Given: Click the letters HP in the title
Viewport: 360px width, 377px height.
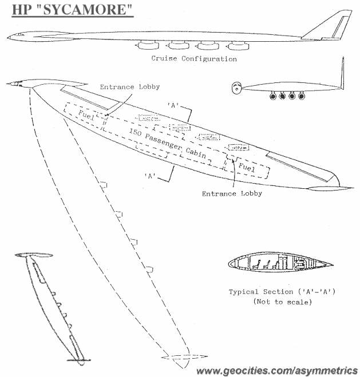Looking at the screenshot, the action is pyautogui.click(x=21, y=10).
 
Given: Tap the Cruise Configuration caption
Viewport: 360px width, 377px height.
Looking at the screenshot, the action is pyautogui.click(x=194, y=59).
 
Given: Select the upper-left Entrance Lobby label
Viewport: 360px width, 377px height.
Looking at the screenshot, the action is pyautogui.click(x=130, y=87).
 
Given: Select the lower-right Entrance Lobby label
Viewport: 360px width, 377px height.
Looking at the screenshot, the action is pyautogui.click(x=232, y=193).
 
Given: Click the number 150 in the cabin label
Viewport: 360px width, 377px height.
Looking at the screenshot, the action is pyautogui.click(x=135, y=132).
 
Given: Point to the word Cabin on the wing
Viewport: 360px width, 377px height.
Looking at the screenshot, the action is pyautogui.click(x=196, y=153).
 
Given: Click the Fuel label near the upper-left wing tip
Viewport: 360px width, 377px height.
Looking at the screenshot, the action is pyautogui.click(x=86, y=115).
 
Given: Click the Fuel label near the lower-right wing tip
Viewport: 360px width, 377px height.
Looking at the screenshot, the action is pyautogui.click(x=247, y=166).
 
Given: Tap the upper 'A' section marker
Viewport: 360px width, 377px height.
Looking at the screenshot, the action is pyautogui.click(x=173, y=105).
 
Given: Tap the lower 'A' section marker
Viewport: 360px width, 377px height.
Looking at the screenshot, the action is pyautogui.click(x=150, y=176).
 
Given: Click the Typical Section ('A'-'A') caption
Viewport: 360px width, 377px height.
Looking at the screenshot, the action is pyautogui.click(x=282, y=292).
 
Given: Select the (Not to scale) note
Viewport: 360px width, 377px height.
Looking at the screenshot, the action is pyautogui.click(x=283, y=301).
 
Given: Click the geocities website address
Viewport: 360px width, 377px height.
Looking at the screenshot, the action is pyautogui.click(x=277, y=371).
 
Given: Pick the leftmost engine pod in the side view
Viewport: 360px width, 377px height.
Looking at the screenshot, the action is pyautogui.click(x=147, y=45).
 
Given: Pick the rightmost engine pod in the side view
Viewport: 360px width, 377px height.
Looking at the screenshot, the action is pyautogui.click(x=238, y=46).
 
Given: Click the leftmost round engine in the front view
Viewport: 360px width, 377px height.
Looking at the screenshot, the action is pyautogui.click(x=273, y=97).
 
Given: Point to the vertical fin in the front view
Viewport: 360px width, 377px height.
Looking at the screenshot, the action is pyautogui.click(x=342, y=73).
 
